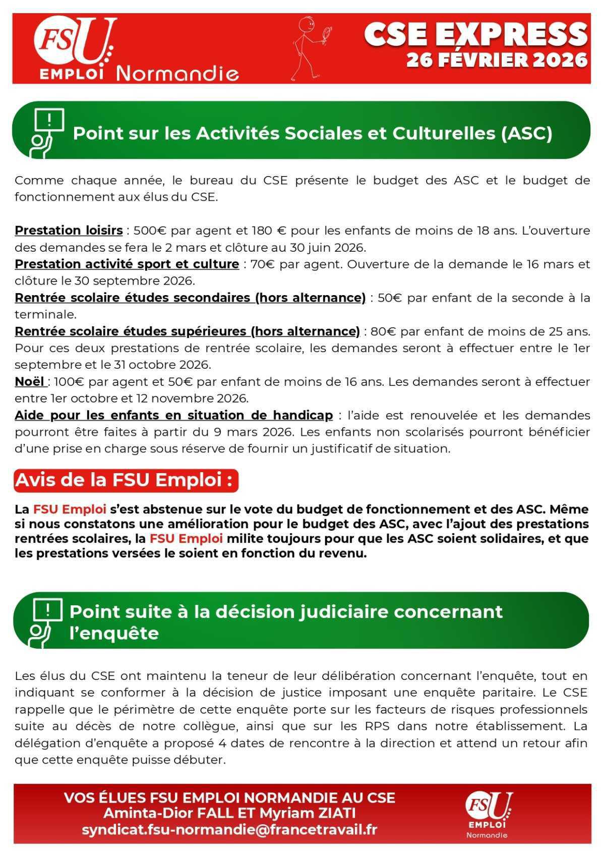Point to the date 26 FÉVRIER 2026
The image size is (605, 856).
pos(497,61)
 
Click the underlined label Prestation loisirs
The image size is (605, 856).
pos(69,231)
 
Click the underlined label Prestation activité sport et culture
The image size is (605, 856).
pos(127,264)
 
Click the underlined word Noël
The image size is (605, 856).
pos(30,381)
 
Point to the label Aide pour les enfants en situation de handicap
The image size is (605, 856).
pos(173,415)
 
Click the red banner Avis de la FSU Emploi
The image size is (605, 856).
pos(126,480)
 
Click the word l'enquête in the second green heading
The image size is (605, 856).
pos(114,633)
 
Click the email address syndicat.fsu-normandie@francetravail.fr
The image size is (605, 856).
pos(229,830)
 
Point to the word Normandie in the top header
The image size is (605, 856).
pos(177,74)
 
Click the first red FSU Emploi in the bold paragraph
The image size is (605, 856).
pos(70,509)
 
